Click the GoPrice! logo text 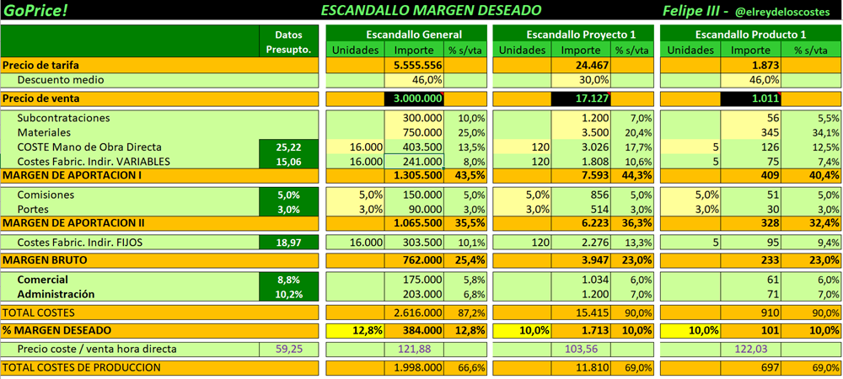pos(35,10)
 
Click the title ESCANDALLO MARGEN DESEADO pos(431,10)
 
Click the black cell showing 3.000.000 pos(414,99)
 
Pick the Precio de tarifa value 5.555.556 pos(414,65)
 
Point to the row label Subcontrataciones pos(63,118)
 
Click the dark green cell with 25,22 pos(288,147)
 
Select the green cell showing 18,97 pos(288,243)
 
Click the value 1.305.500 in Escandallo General pos(414,175)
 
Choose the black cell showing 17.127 pos(581,99)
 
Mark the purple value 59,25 pos(288,349)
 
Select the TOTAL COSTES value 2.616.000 pos(414,312)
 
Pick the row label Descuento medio pos(61,80)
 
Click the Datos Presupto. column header pos(288,42)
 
